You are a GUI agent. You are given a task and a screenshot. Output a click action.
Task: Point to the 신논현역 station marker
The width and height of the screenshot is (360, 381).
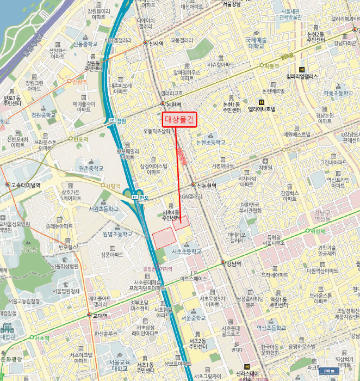point(193,185)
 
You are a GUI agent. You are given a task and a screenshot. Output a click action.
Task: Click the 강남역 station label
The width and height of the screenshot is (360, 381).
point(235,263)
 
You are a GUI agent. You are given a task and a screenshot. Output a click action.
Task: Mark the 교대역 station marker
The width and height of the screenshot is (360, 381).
point(89,315)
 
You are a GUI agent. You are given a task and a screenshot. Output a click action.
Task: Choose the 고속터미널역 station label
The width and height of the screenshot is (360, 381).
point(26,185)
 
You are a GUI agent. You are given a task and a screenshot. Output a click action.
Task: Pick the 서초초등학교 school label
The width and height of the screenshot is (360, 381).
point(186,251)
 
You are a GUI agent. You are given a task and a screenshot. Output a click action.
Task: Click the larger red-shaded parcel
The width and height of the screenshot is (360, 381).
point(164,238)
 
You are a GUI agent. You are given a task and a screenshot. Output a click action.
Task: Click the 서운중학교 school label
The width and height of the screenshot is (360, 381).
point(194,317)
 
